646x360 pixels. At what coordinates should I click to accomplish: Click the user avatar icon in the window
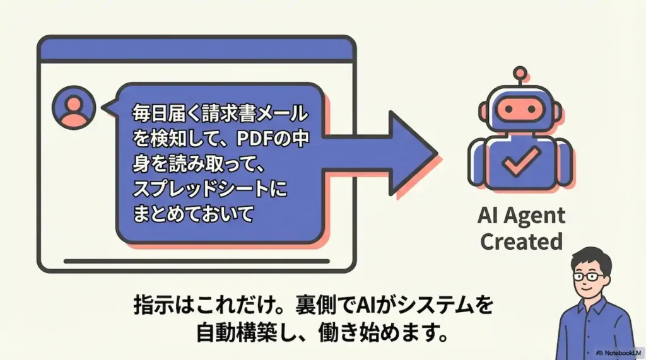[74, 107]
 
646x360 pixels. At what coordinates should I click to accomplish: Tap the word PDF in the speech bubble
[252, 139]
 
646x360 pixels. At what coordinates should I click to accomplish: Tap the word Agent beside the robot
[536, 216]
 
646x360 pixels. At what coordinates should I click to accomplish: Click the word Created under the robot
[521, 241]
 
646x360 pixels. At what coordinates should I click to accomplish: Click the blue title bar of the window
[196, 49]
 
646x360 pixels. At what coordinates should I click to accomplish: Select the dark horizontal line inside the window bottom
[196, 259]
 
